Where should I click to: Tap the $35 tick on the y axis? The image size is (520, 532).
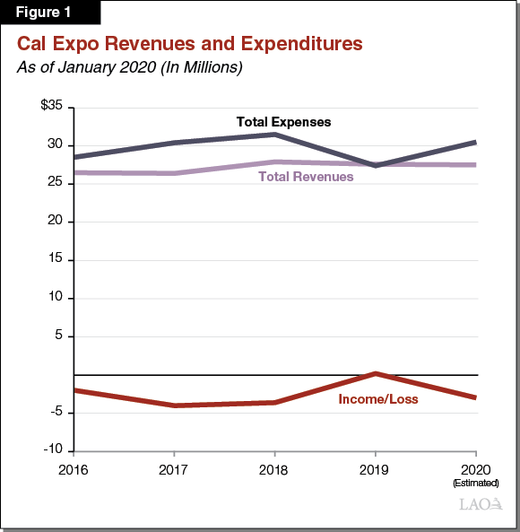tap(51, 106)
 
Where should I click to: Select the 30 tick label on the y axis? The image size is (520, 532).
tap(55, 144)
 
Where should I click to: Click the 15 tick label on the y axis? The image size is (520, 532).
tap(55, 259)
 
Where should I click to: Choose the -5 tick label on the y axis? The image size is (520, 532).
tap(55, 412)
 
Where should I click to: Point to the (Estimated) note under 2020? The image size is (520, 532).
tap(475, 484)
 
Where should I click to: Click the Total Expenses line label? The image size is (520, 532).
tap(283, 121)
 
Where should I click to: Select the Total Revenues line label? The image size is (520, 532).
tap(306, 177)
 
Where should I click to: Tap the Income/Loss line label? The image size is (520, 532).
tap(377, 398)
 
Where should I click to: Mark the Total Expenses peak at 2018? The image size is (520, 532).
tap(273, 134)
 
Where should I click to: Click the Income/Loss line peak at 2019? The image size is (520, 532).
tap(375, 373)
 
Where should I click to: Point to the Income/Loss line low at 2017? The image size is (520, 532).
tap(174, 406)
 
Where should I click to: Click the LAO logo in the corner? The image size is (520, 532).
tap(481, 505)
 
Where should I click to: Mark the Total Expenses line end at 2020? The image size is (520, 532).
tap(475, 142)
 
